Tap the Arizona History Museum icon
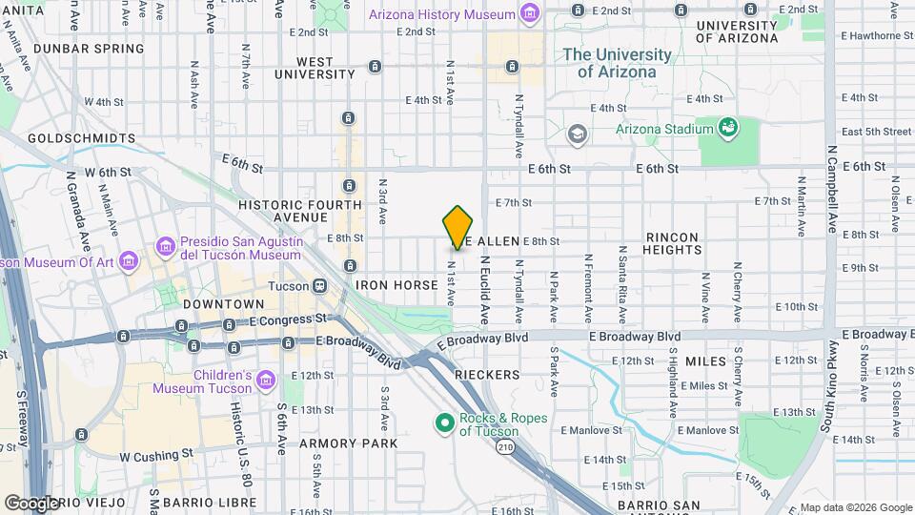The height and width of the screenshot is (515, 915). point(530,14)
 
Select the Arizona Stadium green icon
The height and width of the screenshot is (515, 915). point(728,127)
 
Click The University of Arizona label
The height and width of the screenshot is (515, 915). point(622,63)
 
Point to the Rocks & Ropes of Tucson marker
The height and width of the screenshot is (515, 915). point(444,422)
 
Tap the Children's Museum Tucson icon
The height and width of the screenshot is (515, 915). point(267,381)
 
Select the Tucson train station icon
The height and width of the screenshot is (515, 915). point(319,285)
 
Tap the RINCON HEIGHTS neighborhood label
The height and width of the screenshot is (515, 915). point(672,243)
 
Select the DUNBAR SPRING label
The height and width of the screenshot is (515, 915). point(88,48)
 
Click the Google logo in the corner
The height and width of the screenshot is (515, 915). point(31,503)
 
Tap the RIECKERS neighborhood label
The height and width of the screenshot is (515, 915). point(487,375)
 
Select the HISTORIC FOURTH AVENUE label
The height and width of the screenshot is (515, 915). point(300,212)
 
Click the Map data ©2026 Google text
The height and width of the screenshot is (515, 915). point(855,507)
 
